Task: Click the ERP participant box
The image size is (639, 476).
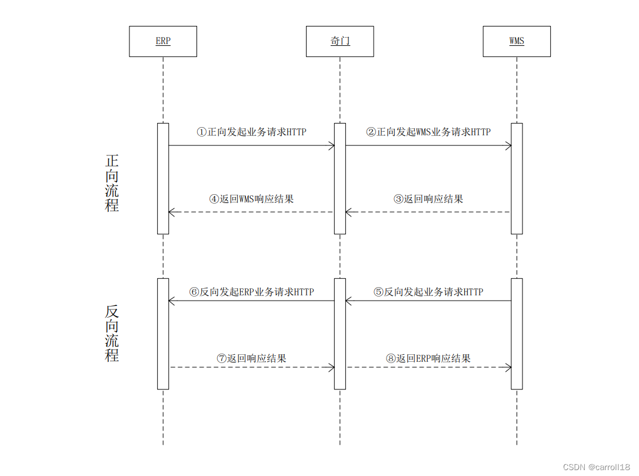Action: pyautogui.click(x=163, y=41)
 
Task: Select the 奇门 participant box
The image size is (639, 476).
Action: pyautogui.click(x=340, y=41)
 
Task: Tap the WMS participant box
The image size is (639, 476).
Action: pyautogui.click(x=517, y=41)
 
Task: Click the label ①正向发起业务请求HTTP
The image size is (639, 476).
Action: pyautogui.click(x=251, y=132)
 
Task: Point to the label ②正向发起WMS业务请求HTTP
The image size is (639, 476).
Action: pyautogui.click(x=428, y=132)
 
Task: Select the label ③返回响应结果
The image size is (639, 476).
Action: pyautogui.click(x=428, y=199)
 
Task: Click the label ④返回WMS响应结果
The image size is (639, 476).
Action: pyautogui.click(x=251, y=199)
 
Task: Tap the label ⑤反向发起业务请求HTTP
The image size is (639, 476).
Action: pyautogui.click(x=428, y=292)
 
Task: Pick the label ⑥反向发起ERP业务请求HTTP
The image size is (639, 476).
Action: pyautogui.click(x=251, y=292)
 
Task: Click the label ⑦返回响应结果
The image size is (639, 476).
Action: pyautogui.click(x=251, y=358)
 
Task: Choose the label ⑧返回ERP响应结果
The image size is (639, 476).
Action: pyautogui.click(x=428, y=358)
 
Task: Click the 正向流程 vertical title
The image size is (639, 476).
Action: pyautogui.click(x=112, y=182)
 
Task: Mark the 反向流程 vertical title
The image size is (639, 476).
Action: pyautogui.click(x=112, y=333)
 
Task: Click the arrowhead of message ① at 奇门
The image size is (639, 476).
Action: pyautogui.click(x=332, y=145)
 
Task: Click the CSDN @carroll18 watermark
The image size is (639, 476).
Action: pyautogui.click(x=596, y=467)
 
